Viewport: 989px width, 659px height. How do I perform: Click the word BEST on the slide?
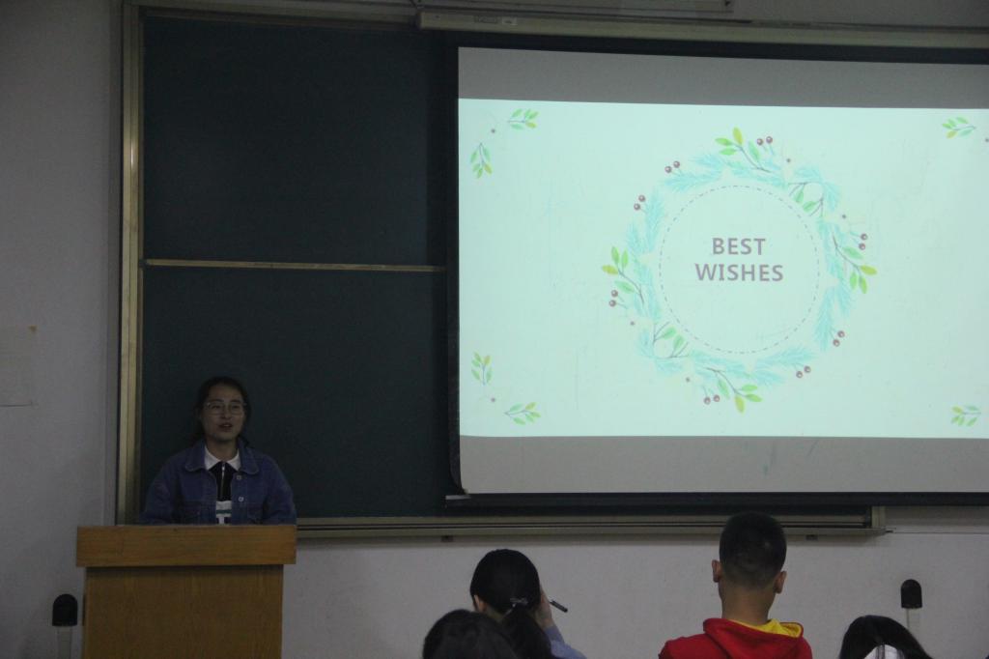coord(739,245)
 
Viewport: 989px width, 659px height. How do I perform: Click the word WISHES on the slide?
coord(739,272)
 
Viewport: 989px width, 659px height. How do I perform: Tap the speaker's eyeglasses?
coord(224,407)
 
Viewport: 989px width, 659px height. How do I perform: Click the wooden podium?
coord(186,590)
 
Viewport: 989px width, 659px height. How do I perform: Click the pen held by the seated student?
coord(558,606)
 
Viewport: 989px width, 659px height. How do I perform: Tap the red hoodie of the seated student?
coord(735,640)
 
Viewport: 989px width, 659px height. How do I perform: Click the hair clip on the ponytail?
coord(519,602)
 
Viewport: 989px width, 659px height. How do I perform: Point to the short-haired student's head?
coord(751,549)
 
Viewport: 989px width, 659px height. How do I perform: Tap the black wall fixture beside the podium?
coord(65,610)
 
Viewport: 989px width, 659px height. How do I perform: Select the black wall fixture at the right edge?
coord(911,594)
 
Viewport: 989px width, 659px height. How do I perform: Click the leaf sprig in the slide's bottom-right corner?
coord(966,415)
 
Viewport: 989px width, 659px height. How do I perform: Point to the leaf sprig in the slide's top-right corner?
coord(959,127)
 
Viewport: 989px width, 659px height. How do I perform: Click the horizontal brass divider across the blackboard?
coord(294,265)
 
